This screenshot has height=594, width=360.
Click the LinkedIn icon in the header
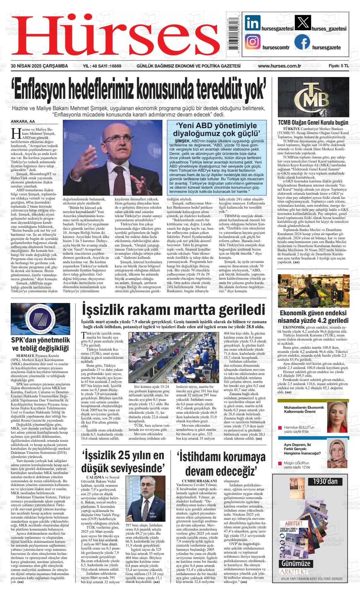[x=253, y=23]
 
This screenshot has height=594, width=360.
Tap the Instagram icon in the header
[x=253, y=42]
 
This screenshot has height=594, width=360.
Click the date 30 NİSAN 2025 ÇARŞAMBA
[x=39, y=66]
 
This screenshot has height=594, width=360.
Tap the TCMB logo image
[x=313, y=97]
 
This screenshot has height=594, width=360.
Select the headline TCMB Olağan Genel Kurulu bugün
[x=313, y=122]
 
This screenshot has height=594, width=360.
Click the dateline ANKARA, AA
[x=23, y=122]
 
